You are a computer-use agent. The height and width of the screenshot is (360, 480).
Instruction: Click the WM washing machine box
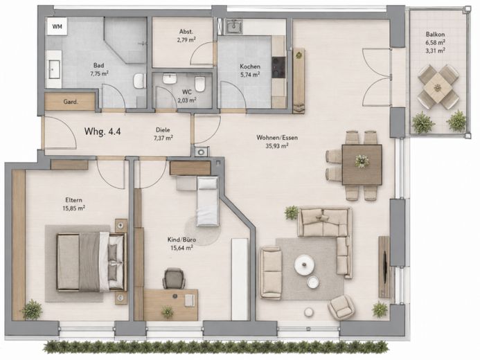57,26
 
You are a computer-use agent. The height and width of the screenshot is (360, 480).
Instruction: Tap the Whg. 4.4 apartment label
103,132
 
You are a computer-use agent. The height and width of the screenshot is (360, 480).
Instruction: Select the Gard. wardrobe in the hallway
70,102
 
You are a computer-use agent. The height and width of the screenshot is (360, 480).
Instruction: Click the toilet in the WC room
199,84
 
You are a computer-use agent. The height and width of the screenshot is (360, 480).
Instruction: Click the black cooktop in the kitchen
278,66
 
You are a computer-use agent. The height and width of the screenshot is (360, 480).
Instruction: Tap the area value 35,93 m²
277,146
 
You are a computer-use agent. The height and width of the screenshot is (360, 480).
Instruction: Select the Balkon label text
435,35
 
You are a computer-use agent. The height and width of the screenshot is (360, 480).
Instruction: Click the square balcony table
438,87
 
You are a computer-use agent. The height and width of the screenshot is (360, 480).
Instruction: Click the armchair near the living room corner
341,307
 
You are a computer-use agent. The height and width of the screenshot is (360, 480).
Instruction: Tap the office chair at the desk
174,278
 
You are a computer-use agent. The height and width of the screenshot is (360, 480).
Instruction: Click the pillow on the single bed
208,183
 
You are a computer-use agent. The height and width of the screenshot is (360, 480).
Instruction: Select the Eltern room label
74,200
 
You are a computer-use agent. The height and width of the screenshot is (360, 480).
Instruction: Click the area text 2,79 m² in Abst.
186,39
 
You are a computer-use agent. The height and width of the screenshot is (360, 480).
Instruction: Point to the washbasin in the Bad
54,69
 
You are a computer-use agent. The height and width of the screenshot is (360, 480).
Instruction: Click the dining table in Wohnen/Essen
362,165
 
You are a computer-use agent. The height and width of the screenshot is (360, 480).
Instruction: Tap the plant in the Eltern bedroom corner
32,309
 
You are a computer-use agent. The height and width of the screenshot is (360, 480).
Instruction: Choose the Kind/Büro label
181,240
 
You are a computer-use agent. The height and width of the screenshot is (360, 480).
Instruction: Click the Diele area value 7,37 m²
163,138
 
